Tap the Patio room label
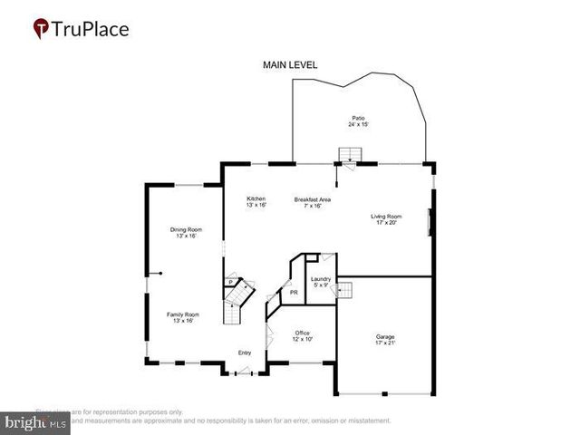click(359, 118)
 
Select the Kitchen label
click(256, 198)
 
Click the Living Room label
click(386, 216)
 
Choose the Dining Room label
click(184, 229)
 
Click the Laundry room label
click(320, 279)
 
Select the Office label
click(303, 333)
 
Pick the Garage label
click(385, 336)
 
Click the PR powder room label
click(293, 293)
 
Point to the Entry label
click(244, 353)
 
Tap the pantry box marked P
click(231, 283)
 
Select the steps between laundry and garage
click(344, 290)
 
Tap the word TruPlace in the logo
click(92, 29)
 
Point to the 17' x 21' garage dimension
click(385, 343)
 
